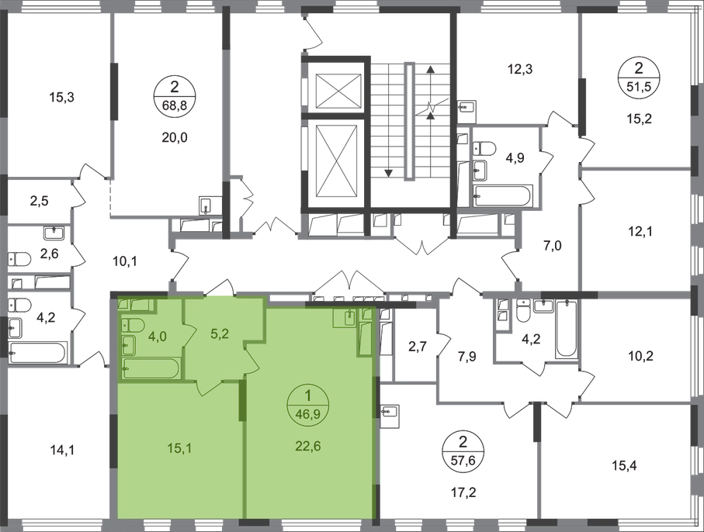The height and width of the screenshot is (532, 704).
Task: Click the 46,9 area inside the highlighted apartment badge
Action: pyautogui.click(x=308, y=414)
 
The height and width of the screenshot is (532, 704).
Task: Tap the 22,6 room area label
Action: pyautogui.click(x=308, y=447)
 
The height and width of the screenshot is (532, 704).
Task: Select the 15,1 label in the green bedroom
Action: pyautogui.click(x=179, y=447)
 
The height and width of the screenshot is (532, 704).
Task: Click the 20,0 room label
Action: pyautogui.click(x=175, y=138)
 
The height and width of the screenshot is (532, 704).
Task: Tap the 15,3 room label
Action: pyautogui.click(x=61, y=97)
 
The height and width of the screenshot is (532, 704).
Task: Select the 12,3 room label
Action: pyautogui.click(x=520, y=70)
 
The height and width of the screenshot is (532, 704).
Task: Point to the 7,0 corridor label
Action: pyautogui.click(x=553, y=246)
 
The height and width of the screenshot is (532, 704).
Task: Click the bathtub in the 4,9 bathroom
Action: pyautogui.click(x=503, y=196)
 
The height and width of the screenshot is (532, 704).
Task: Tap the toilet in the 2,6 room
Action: pyautogui.click(x=19, y=259)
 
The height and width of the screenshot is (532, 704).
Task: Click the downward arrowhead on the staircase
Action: pyautogui.click(x=388, y=173)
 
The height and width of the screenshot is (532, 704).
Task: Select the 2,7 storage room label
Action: pyautogui.click(x=414, y=347)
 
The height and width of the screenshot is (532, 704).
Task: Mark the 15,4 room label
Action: pyautogui.click(x=624, y=466)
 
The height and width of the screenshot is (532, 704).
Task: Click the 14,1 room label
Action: pyautogui.click(x=61, y=450)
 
